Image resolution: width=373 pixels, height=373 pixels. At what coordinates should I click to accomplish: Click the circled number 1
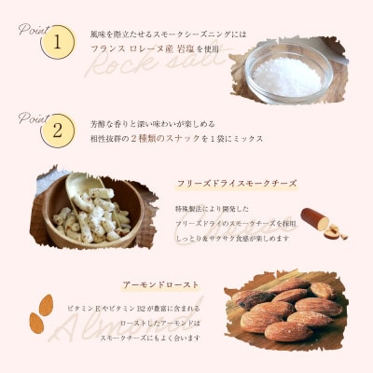click(x=57, y=42)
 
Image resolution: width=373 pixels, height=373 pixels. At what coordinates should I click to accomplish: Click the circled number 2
click(x=57, y=130)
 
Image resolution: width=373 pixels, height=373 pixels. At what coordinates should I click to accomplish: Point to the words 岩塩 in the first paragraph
click(x=186, y=48)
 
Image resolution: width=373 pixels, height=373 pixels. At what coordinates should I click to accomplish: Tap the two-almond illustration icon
click(x=41, y=314)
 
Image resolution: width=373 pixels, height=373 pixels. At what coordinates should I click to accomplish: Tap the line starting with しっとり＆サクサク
click(x=233, y=239)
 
